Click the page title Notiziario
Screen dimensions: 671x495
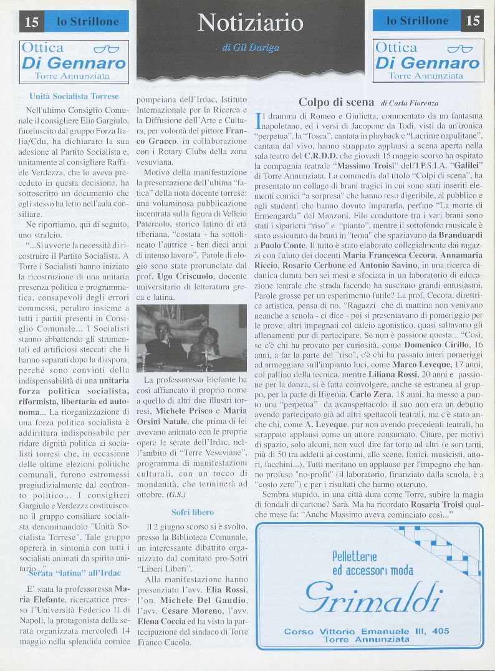[x=250, y=23]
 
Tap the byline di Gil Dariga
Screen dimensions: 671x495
[x=250, y=47]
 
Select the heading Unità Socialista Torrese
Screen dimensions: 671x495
[x=74, y=97]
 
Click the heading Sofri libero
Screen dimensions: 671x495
[x=192, y=512]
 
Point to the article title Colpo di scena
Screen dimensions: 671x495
[x=337, y=102]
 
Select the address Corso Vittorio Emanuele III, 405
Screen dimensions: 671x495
[x=367, y=631]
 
